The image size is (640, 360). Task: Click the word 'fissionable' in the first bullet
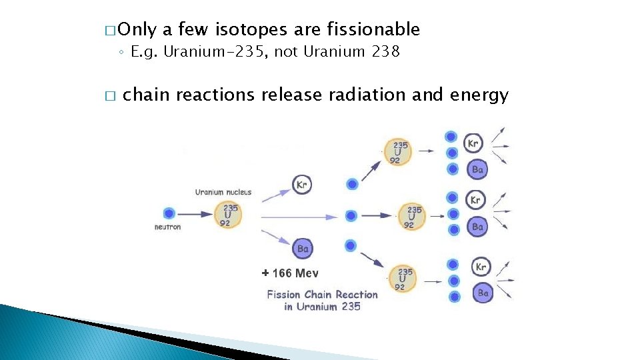(373, 30)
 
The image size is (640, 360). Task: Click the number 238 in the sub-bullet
(386, 52)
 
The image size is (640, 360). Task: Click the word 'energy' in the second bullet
(479, 95)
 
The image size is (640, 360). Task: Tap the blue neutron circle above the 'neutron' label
(169, 214)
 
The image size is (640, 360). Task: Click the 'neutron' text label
(168, 227)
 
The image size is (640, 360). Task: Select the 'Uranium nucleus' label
(223, 193)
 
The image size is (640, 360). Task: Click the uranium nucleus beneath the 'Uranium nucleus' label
(227, 215)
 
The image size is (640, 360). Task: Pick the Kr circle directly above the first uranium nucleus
(302, 185)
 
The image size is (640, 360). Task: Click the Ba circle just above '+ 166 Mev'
(303, 249)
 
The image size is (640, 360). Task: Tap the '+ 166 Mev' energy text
(290, 273)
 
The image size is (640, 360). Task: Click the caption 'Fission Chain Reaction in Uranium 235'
(322, 300)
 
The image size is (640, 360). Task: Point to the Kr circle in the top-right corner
(473, 143)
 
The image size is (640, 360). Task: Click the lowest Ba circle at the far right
(483, 293)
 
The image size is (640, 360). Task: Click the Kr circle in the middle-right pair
(475, 200)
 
